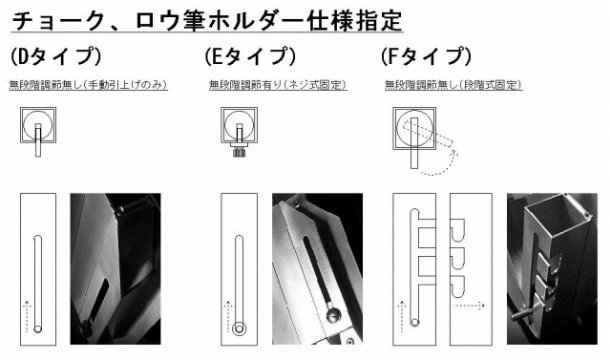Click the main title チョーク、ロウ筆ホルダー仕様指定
pyautogui.click(x=207, y=20)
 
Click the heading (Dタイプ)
pyautogui.click(x=55, y=56)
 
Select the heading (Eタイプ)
pyautogui.click(x=250, y=56)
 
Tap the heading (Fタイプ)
pyautogui.click(x=426, y=56)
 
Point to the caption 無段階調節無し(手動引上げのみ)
pyautogui.click(x=89, y=85)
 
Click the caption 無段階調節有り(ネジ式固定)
pyautogui.click(x=278, y=85)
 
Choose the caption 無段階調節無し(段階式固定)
pyautogui.click(x=453, y=85)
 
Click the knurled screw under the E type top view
pyautogui.click(x=239, y=150)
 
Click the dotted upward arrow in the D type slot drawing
pyautogui.click(x=27, y=316)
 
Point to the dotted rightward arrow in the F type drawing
pyautogui.click(x=469, y=306)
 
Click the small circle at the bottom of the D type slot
pyautogui.click(x=38, y=328)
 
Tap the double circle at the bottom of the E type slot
pyautogui.click(x=239, y=328)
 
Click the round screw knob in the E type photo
pyautogui.click(x=333, y=314)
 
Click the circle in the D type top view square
pyautogui.click(x=37, y=125)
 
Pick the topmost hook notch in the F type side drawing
pyautogui.click(x=457, y=229)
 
